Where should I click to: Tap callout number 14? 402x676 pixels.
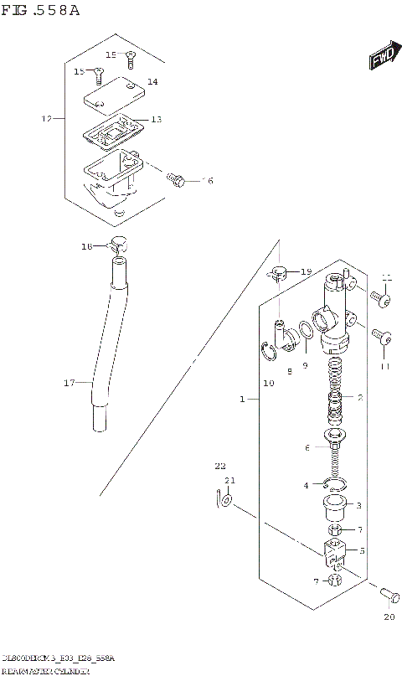[152, 81]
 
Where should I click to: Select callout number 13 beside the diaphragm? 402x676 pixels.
[156, 120]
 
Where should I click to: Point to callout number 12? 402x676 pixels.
[47, 119]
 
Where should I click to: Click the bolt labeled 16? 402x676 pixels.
[177, 178]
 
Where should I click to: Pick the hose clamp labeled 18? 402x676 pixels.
[118, 245]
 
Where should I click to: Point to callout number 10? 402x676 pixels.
[268, 383]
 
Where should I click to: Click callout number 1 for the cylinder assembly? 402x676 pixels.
[242, 400]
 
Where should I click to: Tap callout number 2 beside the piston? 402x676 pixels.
[360, 397]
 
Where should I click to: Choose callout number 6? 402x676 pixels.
[307, 448]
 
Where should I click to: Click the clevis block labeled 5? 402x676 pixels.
[333, 552]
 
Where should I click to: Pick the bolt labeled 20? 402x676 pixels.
[388, 595]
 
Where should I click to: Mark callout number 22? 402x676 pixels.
[220, 466]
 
